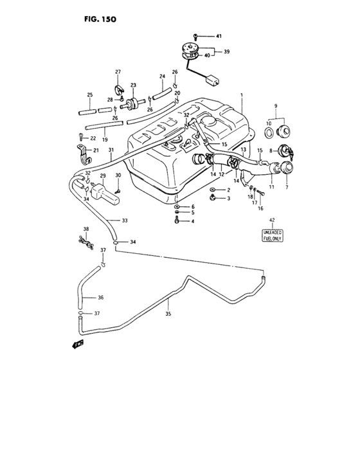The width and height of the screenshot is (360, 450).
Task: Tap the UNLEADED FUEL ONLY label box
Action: click(271, 235)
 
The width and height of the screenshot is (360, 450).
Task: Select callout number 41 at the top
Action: click(218, 36)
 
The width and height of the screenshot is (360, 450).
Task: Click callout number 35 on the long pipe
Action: click(169, 314)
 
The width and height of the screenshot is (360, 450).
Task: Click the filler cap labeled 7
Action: click(283, 171)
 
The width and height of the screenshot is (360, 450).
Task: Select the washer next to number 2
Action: click(212, 191)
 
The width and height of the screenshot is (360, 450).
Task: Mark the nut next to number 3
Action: click(212, 199)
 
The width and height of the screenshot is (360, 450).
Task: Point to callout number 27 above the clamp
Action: click(118, 71)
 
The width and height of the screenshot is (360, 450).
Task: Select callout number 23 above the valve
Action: click(133, 85)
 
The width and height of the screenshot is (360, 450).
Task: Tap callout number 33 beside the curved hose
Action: click(124, 221)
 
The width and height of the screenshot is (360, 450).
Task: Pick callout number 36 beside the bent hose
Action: click(100, 298)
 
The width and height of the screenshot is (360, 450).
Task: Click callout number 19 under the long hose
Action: click(104, 139)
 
